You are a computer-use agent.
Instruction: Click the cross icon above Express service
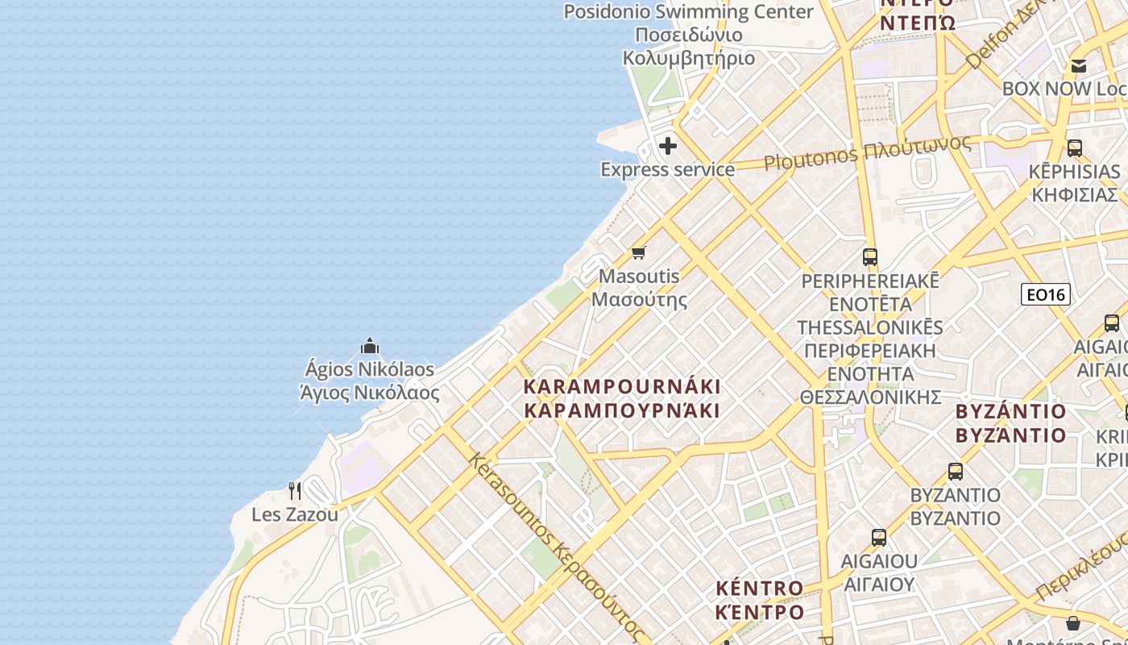tap(668, 146)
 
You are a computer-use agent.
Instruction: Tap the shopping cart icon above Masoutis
tap(639, 252)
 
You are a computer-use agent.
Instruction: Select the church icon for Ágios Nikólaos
tap(370, 346)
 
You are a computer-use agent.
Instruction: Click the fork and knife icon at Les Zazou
tap(295, 490)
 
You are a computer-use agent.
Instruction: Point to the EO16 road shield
tap(1045, 294)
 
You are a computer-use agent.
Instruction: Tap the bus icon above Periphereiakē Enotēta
tap(870, 257)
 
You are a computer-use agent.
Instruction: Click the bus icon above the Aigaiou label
tap(879, 537)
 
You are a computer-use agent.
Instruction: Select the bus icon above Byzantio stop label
tap(956, 471)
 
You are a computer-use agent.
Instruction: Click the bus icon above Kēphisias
tap(1075, 148)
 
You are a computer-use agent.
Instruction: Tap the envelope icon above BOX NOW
tap(1079, 66)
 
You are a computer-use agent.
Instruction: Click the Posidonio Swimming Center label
tap(688, 12)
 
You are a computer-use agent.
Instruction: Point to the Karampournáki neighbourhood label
tap(622, 386)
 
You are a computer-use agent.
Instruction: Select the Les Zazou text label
tap(295, 514)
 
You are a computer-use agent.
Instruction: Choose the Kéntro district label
tap(760, 588)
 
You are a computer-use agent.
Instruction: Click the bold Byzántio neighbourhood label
tap(1010, 411)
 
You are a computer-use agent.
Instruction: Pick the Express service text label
tap(668, 169)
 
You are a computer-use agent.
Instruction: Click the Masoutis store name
tap(639, 276)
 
